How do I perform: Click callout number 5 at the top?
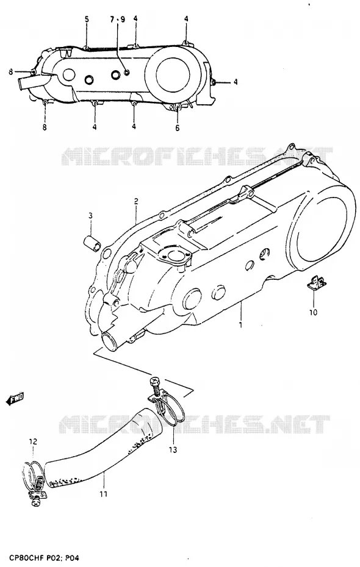(x=87, y=20)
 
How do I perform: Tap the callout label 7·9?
(x=118, y=20)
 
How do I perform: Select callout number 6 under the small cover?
(x=178, y=128)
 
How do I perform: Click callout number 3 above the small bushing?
(x=90, y=216)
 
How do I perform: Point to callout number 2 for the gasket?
(x=135, y=201)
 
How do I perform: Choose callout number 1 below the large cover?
(x=240, y=325)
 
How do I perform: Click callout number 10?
(x=314, y=312)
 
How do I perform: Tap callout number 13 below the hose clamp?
(x=173, y=449)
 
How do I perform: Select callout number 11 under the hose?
(x=104, y=494)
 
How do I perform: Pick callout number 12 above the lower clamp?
(x=34, y=441)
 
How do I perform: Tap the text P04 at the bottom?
(x=71, y=558)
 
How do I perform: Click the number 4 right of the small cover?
(x=235, y=82)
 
